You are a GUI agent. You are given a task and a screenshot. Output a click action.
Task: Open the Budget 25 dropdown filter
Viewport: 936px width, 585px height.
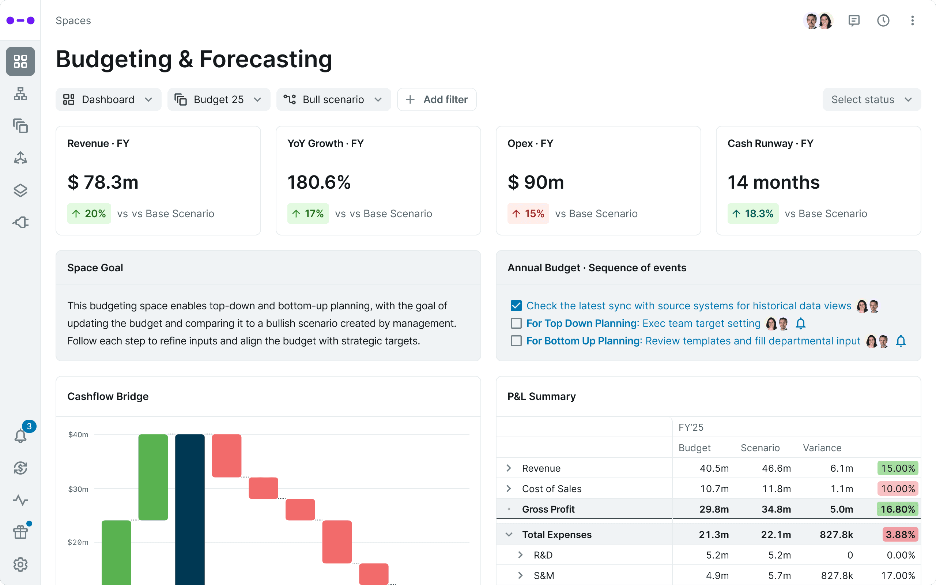(x=219, y=99)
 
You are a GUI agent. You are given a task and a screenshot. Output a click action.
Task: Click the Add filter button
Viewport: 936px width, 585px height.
(x=437, y=99)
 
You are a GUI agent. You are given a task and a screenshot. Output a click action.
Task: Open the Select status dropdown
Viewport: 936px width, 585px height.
(x=871, y=99)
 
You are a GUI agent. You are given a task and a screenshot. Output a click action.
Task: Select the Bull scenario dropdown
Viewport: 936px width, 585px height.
(x=333, y=99)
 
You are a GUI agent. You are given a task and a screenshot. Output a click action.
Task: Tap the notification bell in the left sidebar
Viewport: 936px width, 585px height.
(x=20, y=436)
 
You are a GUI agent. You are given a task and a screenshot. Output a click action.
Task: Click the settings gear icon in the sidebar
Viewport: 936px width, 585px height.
(x=20, y=565)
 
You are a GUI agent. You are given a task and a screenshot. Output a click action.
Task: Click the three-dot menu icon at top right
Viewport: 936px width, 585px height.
(x=912, y=20)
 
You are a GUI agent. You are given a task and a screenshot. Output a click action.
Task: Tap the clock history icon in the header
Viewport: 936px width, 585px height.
(x=883, y=20)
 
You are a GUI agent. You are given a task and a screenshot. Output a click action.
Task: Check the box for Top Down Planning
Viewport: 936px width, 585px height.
(x=516, y=323)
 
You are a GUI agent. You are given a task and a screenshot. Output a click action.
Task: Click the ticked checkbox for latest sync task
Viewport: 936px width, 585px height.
(x=516, y=306)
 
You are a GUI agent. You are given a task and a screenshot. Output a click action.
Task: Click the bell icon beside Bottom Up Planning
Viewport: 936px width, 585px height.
(x=901, y=341)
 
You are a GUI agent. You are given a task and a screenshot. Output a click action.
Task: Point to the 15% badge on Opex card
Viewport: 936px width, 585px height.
(x=528, y=214)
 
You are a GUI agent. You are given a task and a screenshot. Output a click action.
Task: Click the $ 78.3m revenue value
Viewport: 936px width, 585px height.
(x=103, y=182)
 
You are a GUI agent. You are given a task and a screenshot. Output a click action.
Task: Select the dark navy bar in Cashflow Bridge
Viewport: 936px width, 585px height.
(x=190, y=507)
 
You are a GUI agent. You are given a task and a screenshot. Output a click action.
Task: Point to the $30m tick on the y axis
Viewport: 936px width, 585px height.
(x=78, y=489)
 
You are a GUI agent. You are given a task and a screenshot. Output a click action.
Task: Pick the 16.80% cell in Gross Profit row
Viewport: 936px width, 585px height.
(x=897, y=509)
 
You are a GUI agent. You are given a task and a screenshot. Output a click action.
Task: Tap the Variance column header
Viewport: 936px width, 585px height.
(x=822, y=448)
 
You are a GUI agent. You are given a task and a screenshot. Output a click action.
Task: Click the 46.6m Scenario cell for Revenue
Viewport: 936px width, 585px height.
(x=776, y=468)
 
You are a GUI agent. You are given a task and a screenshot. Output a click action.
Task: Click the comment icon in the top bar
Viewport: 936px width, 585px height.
(x=854, y=20)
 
